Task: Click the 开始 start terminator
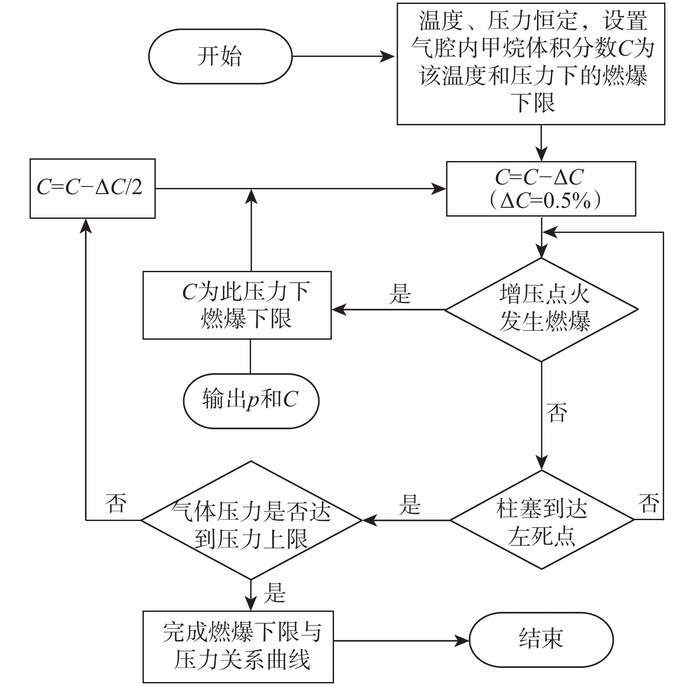pos(220,56)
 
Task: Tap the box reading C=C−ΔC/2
pos(92,188)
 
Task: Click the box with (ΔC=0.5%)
pos(541,189)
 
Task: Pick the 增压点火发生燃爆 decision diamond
pos(541,310)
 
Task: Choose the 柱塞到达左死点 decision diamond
pos(541,520)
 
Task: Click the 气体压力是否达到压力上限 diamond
pos(251,520)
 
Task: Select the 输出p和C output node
pos(250,401)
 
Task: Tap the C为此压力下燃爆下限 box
pos(237,305)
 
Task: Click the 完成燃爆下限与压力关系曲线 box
pos(238,646)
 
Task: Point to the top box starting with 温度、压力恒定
pos(531,64)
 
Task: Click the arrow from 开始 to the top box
pos(344,56)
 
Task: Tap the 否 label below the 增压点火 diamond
pos(556,412)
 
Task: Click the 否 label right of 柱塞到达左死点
pos(649,503)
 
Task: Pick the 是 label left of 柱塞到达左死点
pos(409,504)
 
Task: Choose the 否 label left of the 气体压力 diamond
pos(116,503)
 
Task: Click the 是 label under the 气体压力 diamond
pos(274,592)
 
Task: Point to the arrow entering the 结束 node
pos(401,639)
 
